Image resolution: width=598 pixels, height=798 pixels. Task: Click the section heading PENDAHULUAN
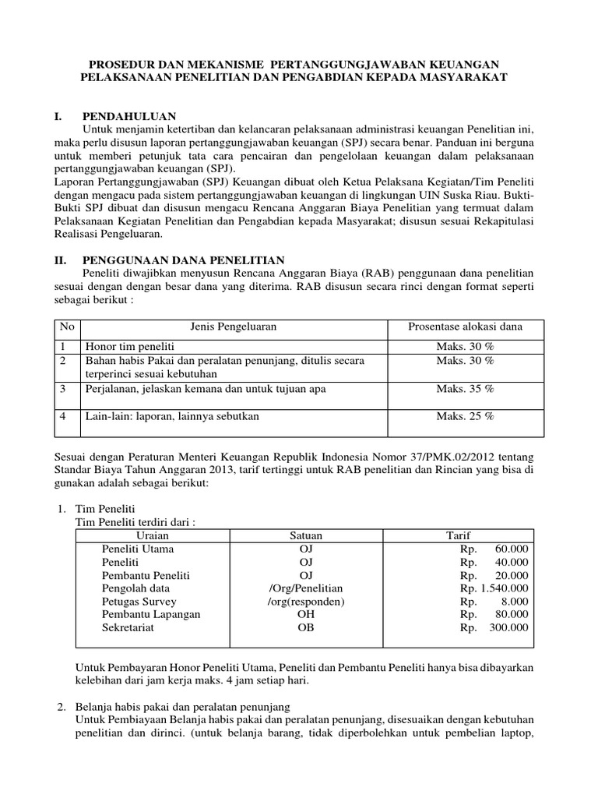pos(128,115)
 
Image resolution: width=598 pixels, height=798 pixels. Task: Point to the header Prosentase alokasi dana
pos(466,327)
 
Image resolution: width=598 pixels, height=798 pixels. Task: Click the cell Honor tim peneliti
pos(130,345)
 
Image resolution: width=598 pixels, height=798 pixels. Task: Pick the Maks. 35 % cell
pos(466,388)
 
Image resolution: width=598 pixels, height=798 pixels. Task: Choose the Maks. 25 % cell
pos(466,416)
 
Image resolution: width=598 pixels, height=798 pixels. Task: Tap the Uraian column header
pos(153,535)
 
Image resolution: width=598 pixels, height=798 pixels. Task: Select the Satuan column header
pos(305,535)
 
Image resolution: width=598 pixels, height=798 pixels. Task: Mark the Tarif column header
pos(458,535)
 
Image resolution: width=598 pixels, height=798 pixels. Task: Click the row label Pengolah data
pos(135,588)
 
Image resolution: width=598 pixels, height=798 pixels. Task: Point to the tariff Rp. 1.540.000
pos(494,588)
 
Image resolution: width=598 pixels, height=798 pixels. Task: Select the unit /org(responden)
pos(305,602)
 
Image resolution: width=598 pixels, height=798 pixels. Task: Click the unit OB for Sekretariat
pos(305,627)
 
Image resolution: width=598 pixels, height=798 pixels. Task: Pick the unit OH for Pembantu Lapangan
pos(305,614)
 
